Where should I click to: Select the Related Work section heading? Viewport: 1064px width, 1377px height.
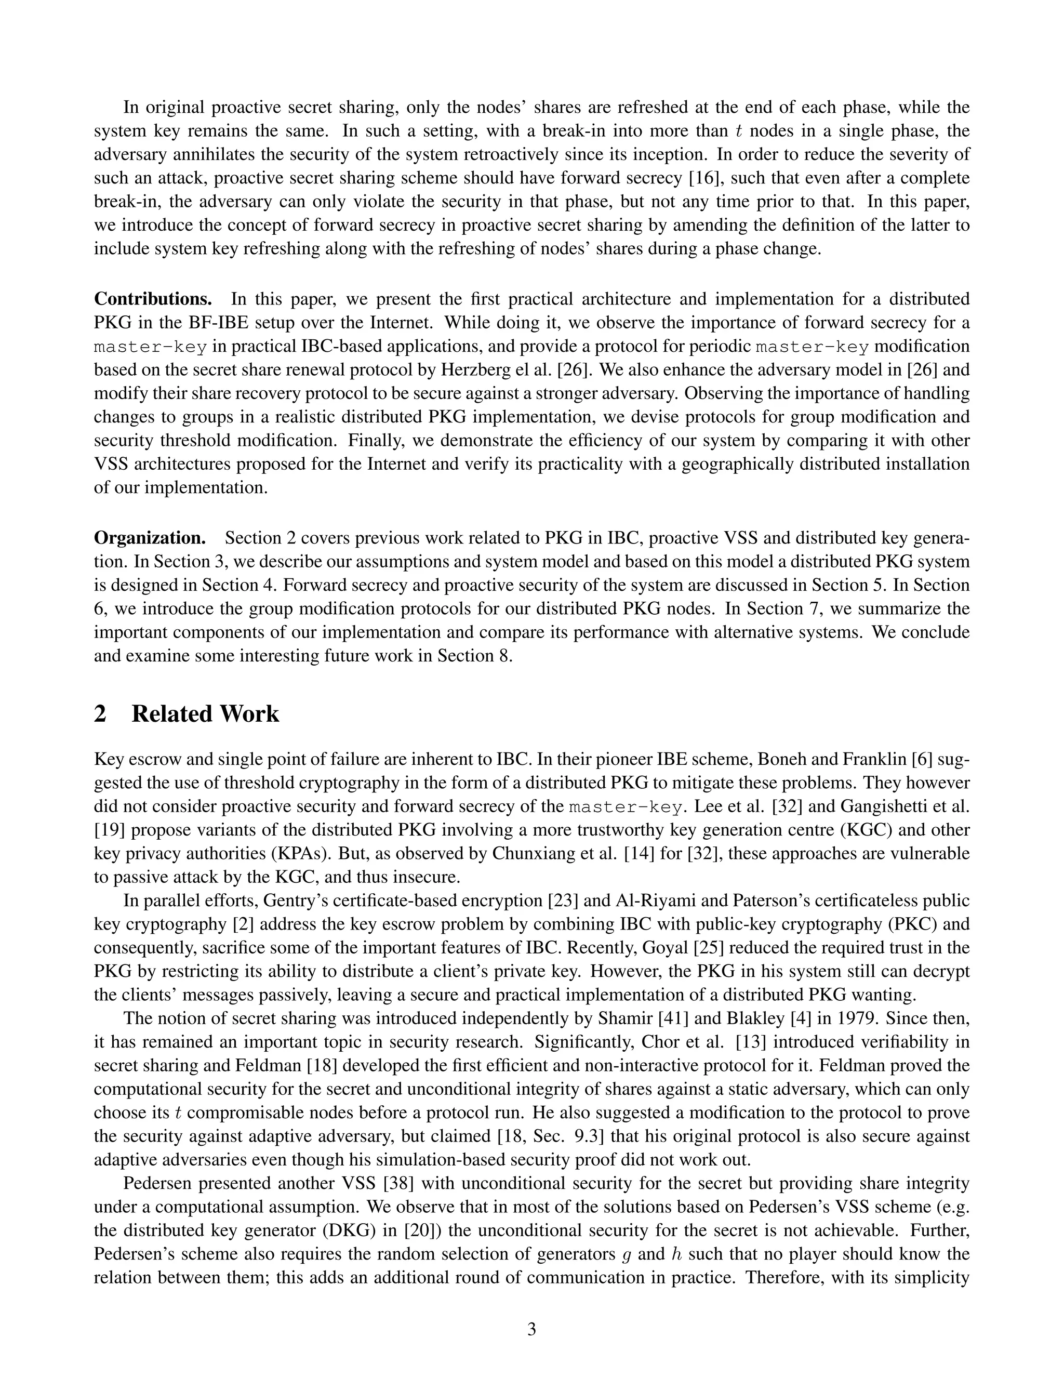(x=187, y=714)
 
